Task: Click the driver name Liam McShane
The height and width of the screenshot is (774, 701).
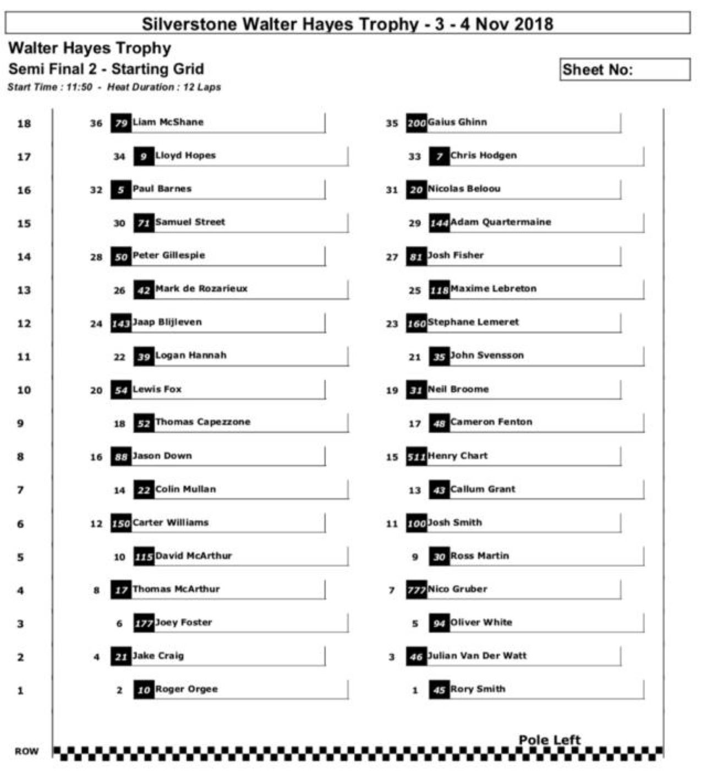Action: coord(168,122)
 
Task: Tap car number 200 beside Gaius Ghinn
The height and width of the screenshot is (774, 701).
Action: coord(416,123)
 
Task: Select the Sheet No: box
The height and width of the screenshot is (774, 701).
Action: coord(625,70)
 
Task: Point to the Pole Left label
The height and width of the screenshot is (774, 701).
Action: coord(549,739)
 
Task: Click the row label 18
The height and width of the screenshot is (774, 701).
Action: coord(24,123)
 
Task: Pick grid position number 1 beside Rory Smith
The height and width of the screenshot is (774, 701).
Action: coord(415,690)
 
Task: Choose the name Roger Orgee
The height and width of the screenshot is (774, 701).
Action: coord(187,689)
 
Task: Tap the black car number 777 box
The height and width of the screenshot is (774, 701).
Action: coord(416,590)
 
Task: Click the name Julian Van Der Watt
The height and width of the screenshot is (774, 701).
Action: coord(477,656)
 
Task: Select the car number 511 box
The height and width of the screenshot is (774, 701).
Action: coord(416,457)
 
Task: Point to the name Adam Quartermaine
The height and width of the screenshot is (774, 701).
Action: coord(501,222)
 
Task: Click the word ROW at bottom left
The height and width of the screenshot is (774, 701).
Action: coord(26,751)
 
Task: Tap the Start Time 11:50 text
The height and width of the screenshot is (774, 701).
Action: coord(50,87)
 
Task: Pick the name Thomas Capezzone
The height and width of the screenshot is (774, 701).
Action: coord(202,422)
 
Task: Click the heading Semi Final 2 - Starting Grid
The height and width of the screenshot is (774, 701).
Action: coord(106,69)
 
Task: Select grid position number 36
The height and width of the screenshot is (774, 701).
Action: coord(96,123)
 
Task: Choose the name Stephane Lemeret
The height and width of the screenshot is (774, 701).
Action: coord(473,322)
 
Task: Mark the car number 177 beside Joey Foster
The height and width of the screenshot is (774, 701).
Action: coord(144,624)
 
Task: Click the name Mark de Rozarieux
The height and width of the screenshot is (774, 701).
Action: coord(201,288)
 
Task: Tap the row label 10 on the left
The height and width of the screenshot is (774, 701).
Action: coord(24,390)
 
